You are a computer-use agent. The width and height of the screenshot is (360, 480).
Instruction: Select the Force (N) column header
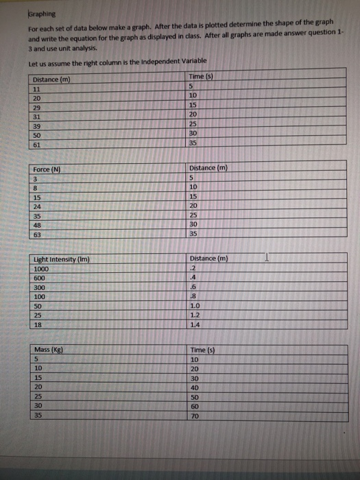46,169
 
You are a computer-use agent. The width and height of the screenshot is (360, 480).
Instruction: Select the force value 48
37,224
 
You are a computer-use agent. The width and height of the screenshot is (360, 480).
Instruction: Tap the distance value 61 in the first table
37,144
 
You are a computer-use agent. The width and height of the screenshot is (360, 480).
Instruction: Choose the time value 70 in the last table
195,415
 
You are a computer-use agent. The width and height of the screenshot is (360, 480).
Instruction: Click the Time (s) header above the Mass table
203,350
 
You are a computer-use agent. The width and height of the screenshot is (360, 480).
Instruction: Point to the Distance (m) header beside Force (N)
208,168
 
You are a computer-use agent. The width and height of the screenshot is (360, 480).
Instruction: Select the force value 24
37,206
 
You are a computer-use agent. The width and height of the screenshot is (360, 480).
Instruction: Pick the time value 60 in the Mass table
195,406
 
